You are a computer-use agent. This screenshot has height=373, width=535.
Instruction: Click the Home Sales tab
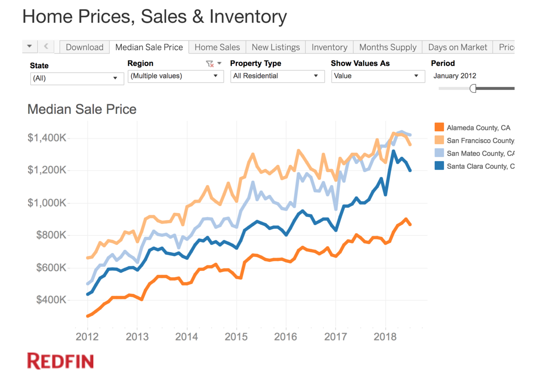[217, 47]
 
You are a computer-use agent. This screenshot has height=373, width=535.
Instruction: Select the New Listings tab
[276, 47]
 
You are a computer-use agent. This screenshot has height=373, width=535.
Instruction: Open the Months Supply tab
[388, 47]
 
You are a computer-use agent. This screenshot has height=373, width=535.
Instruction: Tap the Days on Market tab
[458, 47]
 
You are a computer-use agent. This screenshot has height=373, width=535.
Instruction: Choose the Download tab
[84, 47]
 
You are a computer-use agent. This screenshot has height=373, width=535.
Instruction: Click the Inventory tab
[329, 47]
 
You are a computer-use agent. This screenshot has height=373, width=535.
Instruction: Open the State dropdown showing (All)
[77, 78]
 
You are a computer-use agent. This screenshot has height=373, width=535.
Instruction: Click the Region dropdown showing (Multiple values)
[176, 76]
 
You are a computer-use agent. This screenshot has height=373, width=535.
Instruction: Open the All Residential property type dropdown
[277, 76]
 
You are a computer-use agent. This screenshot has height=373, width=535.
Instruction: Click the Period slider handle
[473, 88]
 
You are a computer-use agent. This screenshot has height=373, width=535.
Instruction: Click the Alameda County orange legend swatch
[439, 128]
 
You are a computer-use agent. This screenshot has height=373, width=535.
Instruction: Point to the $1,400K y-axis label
[47, 138]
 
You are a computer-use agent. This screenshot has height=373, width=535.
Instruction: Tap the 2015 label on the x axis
[236, 337]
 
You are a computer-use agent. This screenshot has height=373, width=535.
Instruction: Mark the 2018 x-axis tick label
[385, 337]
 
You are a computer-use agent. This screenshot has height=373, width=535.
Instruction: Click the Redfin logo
[61, 361]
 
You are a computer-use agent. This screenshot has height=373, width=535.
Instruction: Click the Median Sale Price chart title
[82, 110]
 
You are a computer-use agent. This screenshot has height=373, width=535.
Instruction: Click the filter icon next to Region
[209, 64]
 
